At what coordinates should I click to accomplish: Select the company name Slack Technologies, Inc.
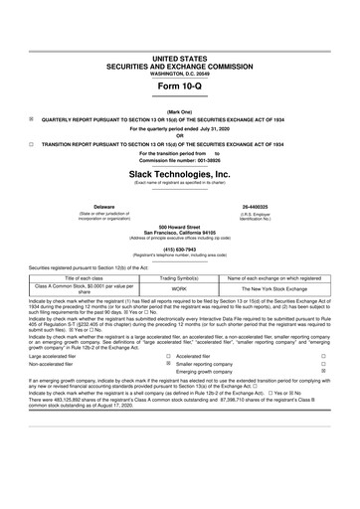click(180, 172)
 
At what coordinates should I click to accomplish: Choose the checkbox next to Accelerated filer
click(170, 356)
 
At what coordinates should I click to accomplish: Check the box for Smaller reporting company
click(170, 364)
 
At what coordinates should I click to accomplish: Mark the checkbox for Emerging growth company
click(337, 372)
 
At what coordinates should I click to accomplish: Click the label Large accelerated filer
click(60, 356)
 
